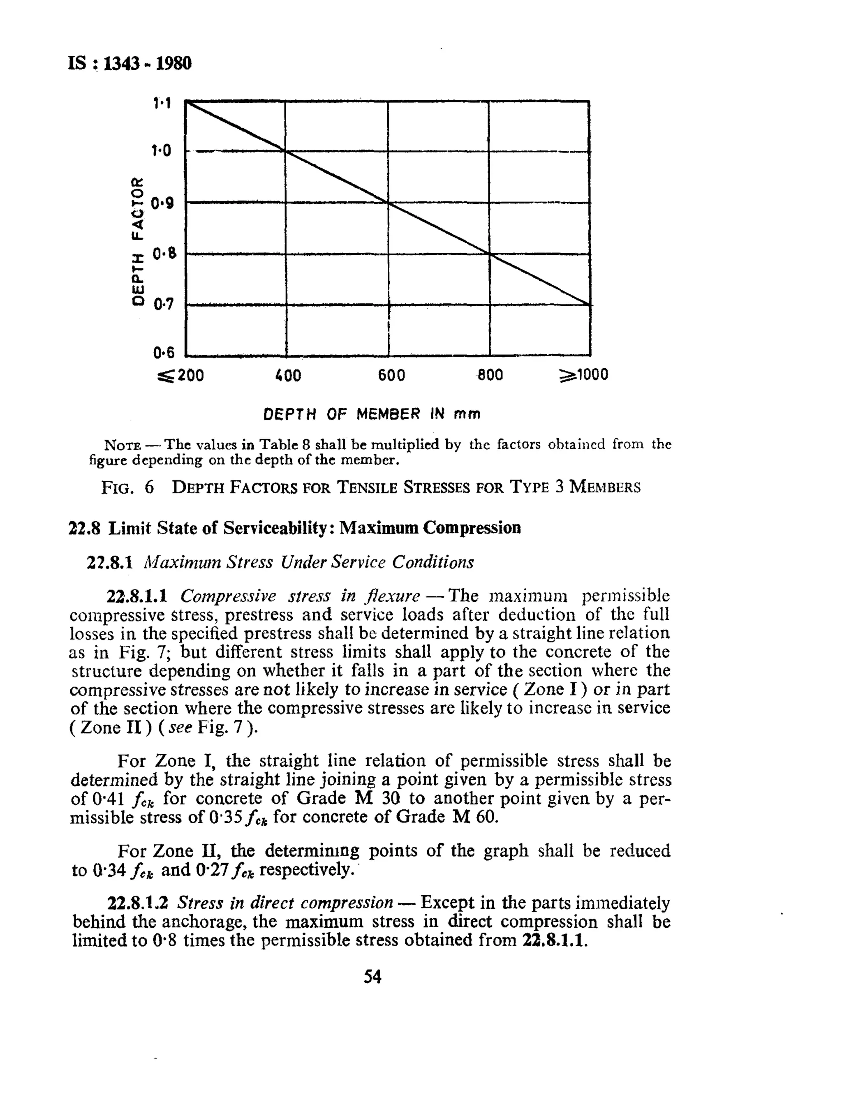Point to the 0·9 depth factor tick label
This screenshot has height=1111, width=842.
point(162,203)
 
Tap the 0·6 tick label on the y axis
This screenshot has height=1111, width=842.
point(163,353)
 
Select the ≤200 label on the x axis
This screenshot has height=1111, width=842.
point(181,375)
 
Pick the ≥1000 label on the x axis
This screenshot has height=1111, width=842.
point(583,375)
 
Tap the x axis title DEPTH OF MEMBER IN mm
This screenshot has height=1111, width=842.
point(372,414)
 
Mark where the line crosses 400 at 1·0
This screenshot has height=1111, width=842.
point(285,151)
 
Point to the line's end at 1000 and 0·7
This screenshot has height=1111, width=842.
point(589,305)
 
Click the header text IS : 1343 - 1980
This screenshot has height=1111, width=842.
point(130,64)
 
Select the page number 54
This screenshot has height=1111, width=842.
point(372,977)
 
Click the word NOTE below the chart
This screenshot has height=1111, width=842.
point(122,445)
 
